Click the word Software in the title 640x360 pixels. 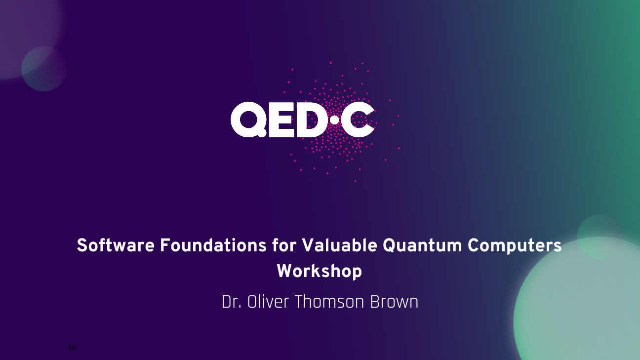click(x=116, y=245)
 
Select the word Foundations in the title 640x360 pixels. click(x=213, y=245)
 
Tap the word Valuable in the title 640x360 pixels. click(x=340, y=245)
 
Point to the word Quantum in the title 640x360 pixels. click(x=422, y=246)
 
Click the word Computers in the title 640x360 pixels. click(x=515, y=246)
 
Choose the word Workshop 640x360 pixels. click(x=320, y=272)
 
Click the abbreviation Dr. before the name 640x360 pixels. click(x=232, y=302)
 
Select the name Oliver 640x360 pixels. click(x=268, y=302)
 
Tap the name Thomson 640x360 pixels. click(x=329, y=302)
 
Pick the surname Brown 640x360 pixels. click(x=394, y=302)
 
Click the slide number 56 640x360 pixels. click(x=72, y=348)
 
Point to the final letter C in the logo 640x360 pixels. click(x=358, y=120)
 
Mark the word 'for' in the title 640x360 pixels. click(x=284, y=245)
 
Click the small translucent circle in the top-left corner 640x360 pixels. click(x=44, y=69)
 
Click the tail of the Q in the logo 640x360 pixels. click(x=261, y=132)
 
